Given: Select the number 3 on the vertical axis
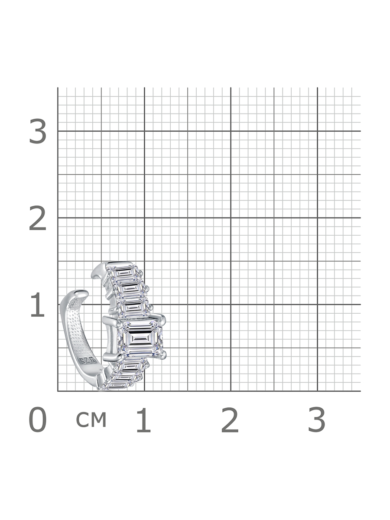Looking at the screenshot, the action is tap(38, 131).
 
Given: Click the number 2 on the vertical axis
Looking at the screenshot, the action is tap(38, 218).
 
